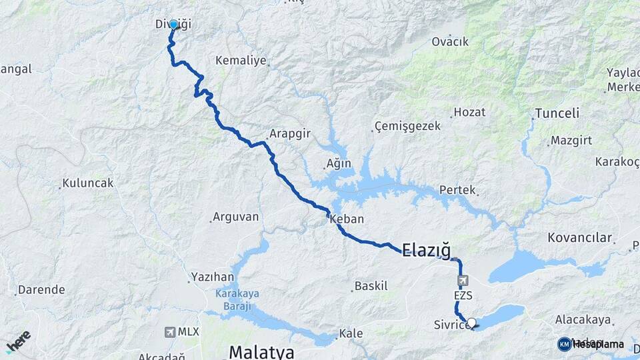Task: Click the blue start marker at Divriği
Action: tap(173, 25)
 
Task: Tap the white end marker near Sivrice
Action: tap(472, 323)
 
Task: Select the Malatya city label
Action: tap(262, 351)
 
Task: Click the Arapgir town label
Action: tap(290, 133)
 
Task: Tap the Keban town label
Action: tap(347, 219)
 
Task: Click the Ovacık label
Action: tap(450, 41)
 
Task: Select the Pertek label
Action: tap(457, 190)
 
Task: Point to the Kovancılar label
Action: tap(579, 237)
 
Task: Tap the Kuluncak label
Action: tap(87, 183)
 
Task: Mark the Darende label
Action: tap(41, 290)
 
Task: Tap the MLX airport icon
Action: tap(170, 331)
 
